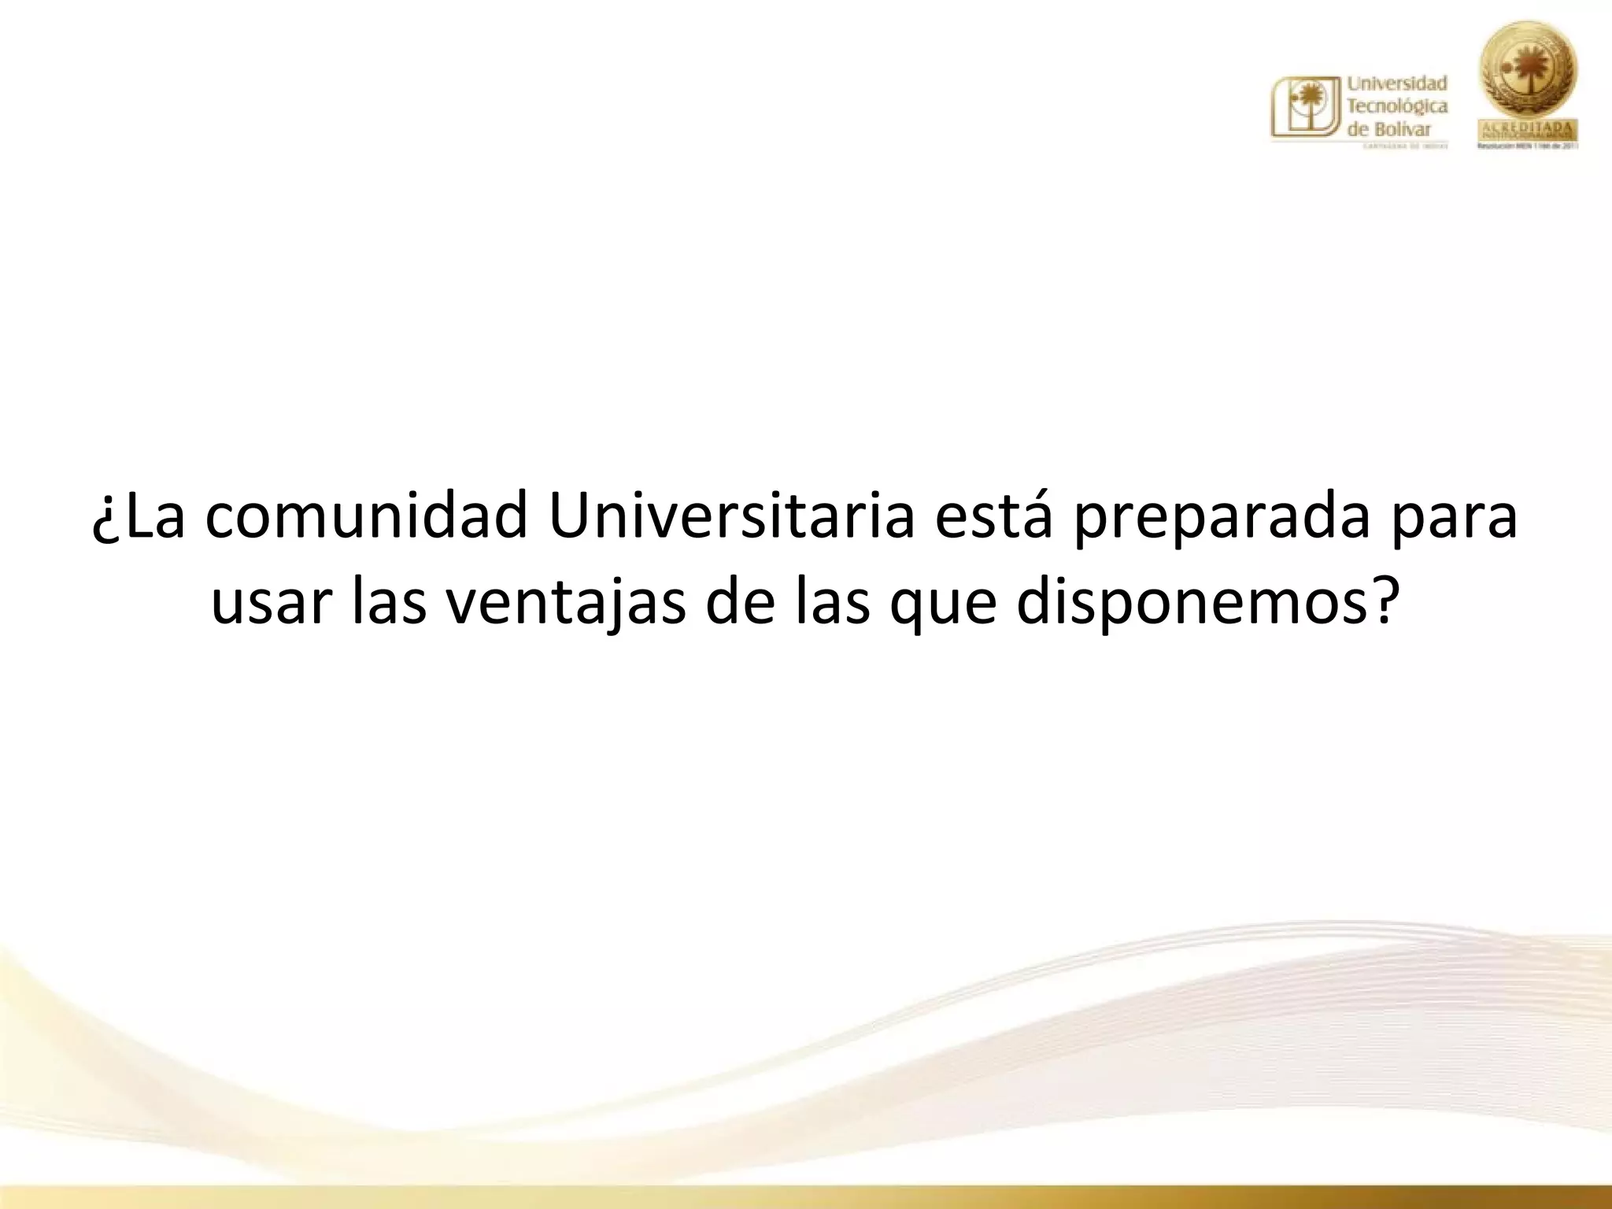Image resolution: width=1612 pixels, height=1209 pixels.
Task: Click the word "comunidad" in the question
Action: click(366, 517)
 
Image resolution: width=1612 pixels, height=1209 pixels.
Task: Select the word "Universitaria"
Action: click(731, 517)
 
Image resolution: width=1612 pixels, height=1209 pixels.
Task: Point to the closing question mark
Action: click(1382, 601)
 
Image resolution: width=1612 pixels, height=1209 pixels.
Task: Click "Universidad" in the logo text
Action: click(1398, 83)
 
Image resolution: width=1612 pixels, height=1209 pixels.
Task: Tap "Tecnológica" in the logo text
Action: click(1398, 106)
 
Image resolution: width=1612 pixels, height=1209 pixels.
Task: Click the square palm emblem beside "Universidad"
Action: click(1306, 108)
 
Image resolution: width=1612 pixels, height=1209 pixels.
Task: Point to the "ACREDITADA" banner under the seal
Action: click(1529, 129)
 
